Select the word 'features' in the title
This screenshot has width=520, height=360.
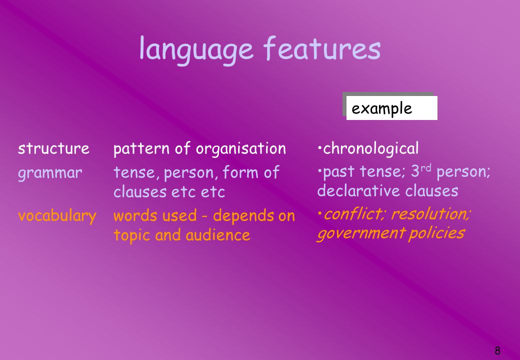tap(322, 47)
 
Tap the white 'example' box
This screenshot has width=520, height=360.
tap(391, 108)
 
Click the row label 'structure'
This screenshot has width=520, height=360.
tap(53, 148)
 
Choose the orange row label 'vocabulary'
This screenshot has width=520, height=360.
tap(57, 216)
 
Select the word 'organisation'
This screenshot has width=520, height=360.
tap(241, 149)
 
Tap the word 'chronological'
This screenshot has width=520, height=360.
tap(371, 148)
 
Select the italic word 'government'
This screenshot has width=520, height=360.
tap(361, 233)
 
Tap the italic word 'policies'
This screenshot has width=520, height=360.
tap(436, 233)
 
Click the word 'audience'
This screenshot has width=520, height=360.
tap(218, 235)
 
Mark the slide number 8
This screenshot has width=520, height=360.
tap(497, 350)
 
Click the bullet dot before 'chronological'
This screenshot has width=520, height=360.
tap(319, 147)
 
